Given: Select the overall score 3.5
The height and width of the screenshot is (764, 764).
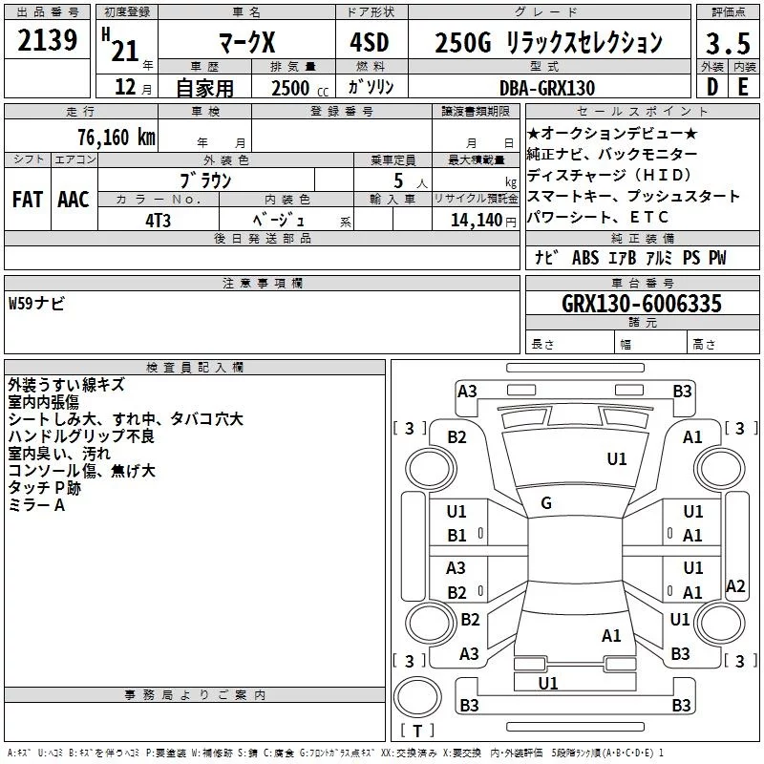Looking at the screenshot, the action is click(727, 44).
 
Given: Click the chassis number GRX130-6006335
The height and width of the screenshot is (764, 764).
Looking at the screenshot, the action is click(642, 304).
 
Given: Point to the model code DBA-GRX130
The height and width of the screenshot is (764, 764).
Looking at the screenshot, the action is click(547, 88).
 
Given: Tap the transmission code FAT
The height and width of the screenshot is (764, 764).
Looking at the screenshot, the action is click(27, 200).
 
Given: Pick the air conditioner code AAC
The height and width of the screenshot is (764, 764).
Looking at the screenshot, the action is click(73, 200).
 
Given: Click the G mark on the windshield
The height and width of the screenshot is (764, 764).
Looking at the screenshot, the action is click(545, 503).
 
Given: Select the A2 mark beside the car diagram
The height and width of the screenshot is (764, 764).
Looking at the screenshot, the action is click(735, 585).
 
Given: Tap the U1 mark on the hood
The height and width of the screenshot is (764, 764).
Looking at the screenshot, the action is click(617, 459).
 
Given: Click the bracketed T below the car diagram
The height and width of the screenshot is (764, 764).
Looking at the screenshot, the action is click(416, 732).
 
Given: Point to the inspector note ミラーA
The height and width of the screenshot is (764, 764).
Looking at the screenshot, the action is click(36, 505).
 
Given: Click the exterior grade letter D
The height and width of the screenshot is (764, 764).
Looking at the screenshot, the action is click(711, 86).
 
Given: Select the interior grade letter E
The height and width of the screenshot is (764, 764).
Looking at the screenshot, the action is click(742, 86).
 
